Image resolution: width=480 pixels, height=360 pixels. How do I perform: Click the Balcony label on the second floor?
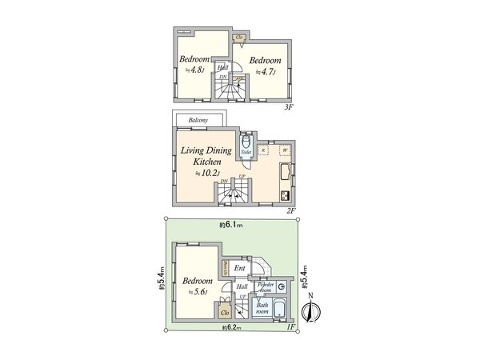[x=199, y=121]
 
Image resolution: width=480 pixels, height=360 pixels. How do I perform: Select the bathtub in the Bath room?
[x=279, y=310]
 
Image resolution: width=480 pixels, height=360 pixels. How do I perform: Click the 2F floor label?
[x=291, y=210]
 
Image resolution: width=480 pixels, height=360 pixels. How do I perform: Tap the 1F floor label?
[x=290, y=328]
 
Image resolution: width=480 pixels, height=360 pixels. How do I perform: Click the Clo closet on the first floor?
[x=226, y=312]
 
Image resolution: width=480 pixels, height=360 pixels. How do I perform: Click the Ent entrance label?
[x=239, y=269]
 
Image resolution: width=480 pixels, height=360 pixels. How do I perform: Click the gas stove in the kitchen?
[x=285, y=194]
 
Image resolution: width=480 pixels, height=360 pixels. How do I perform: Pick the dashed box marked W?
[x=284, y=150]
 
